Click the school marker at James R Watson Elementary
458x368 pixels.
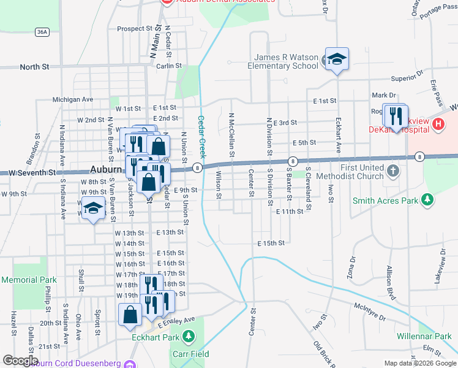click(x=336, y=59)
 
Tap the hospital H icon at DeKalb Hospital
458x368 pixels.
click(x=438, y=125)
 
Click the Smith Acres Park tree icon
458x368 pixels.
click(x=428, y=200)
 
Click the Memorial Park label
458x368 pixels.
click(x=29, y=280)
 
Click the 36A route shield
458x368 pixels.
click(x=42, y=31)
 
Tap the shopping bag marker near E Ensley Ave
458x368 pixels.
click(x=130, y=315)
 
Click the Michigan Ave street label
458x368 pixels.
click(x=72, y=99)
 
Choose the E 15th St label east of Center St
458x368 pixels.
click(x=271, y=243)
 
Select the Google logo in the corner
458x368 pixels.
click(x=20, y=361)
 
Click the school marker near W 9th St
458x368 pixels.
click(x=93, y=209)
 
